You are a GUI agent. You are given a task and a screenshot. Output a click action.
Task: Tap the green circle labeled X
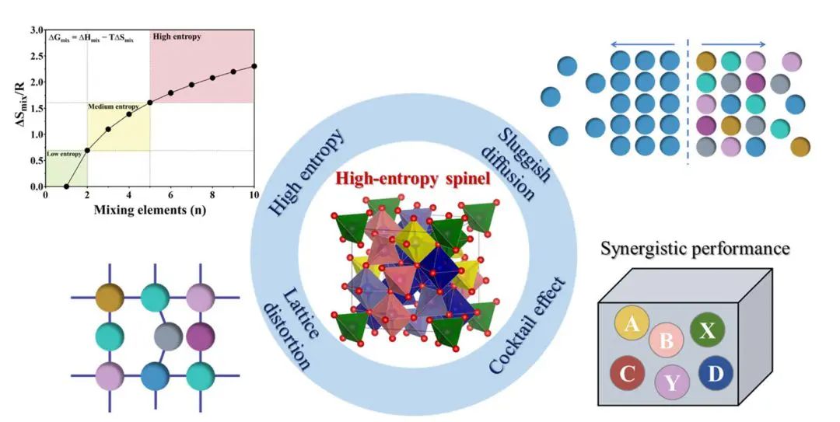pos(707,330)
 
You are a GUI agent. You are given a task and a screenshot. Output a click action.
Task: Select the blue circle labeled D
pos(716,374)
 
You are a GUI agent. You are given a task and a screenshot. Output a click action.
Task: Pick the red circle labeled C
pos(628,373)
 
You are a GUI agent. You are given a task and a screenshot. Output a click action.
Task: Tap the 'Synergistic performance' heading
pos(695,249)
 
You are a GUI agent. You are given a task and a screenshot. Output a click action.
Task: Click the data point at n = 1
pos(66,187)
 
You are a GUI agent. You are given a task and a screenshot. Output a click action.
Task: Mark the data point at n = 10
pos(254,66)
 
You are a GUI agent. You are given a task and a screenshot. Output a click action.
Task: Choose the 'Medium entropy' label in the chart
pos(114,106)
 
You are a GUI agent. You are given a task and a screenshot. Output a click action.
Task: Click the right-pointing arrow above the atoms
pos(734,44)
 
